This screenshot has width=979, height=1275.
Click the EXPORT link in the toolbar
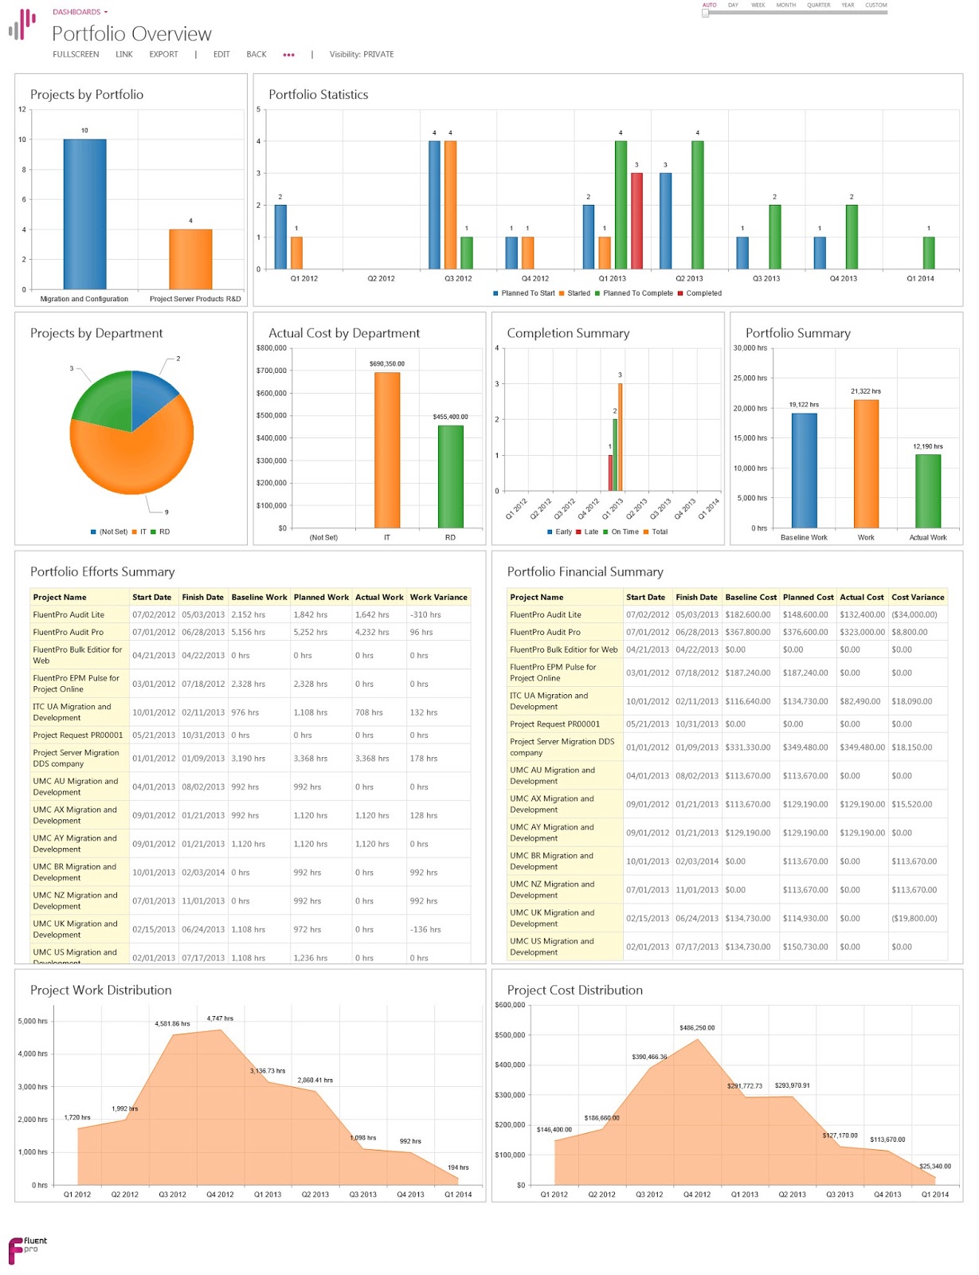163,54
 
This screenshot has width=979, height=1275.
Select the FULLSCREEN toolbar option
76,54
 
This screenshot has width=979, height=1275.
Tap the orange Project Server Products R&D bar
190,259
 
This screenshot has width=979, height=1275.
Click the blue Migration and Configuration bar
84,215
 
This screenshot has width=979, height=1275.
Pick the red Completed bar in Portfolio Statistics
636,221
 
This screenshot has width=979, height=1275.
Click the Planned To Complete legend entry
637,293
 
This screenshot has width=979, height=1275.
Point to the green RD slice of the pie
102,398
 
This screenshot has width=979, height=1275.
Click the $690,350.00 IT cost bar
387,450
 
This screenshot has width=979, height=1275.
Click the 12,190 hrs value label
927,446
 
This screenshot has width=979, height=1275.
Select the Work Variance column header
438,597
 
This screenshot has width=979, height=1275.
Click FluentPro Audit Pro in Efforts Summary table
69,632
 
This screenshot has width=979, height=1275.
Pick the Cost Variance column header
918,597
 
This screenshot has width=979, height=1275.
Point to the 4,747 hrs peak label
220,1018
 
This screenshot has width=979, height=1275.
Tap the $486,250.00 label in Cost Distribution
697,1028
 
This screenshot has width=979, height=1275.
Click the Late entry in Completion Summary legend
590,532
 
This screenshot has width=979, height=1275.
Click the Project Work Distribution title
101,990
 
